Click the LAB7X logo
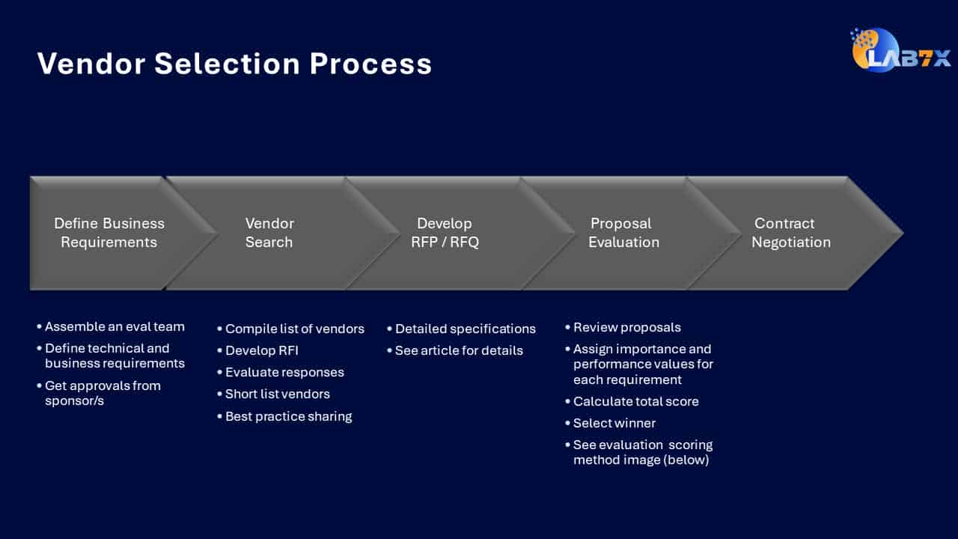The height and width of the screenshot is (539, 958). click(900, 50)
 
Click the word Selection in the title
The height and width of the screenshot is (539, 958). click(227, 64)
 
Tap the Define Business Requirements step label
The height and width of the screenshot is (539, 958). click(109, 233)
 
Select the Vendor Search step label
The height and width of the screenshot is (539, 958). click(269, 233)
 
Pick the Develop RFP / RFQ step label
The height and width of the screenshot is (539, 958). click(445, 233)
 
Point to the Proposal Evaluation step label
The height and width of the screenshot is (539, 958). click(623, 233)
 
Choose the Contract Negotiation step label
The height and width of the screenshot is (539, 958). click(791, 233)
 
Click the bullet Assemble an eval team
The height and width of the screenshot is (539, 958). click(111, 327)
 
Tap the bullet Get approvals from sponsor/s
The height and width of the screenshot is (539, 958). click(99, 393)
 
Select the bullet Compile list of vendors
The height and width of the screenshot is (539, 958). click(291, 329)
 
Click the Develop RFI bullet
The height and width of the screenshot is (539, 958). click(258, 351)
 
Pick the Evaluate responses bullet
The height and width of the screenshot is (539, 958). click(281, 373)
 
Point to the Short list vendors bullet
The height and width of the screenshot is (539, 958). click(273, 394)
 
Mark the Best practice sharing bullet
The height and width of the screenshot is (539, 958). click(284, 417)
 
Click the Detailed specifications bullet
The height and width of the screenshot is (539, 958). click(461, 329)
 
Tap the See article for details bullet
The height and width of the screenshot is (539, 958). click(454, 351)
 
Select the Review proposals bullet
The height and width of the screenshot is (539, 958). click(623, 328)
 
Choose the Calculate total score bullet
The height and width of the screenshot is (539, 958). click(632, 402)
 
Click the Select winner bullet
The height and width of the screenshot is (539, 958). click(610, 424)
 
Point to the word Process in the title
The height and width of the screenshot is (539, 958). click(370, 64)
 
